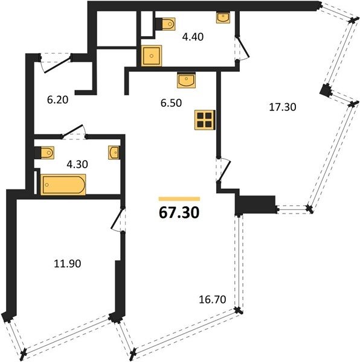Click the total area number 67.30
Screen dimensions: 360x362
pyautogui.click(x=179, y=212)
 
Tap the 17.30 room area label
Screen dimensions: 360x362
pyautogui.click(x=283, y=107)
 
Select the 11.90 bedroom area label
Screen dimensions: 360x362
pyautogui.click(x=68, y=264)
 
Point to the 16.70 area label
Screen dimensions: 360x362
pyautogui.click(x=213, y=299)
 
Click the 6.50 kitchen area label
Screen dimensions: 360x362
pyautogui.click(x=171, y=103)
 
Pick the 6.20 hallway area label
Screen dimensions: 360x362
pyautogui.click(x=57, y=100)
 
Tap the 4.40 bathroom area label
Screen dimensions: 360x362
pyautogui.click(x=193, y=37)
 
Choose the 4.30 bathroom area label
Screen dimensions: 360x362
pyautogui.click(x=77, y=164)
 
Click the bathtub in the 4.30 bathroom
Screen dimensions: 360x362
pyautogui.click(x=63, y=185)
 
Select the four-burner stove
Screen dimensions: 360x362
pyautogui.click(x=205, y=120)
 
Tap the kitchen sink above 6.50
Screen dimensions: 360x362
pyautogui.click(x=186, y=80)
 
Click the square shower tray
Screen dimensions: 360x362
pyautogui.click(x=152, y=56)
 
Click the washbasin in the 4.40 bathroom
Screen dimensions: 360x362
pyautogui.click(x=223, y=17)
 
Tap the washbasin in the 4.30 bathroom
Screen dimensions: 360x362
pyautogui.click(x=114, y=153)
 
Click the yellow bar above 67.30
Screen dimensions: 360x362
pyautogui.click(x=179, y=199)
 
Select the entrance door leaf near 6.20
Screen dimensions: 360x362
pyautogui.click(x=57, y=65)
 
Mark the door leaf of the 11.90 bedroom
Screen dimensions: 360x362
pyautogui.click(x=117, y=218)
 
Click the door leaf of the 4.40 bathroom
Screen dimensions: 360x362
pyautogui.click(x=243, y=46)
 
